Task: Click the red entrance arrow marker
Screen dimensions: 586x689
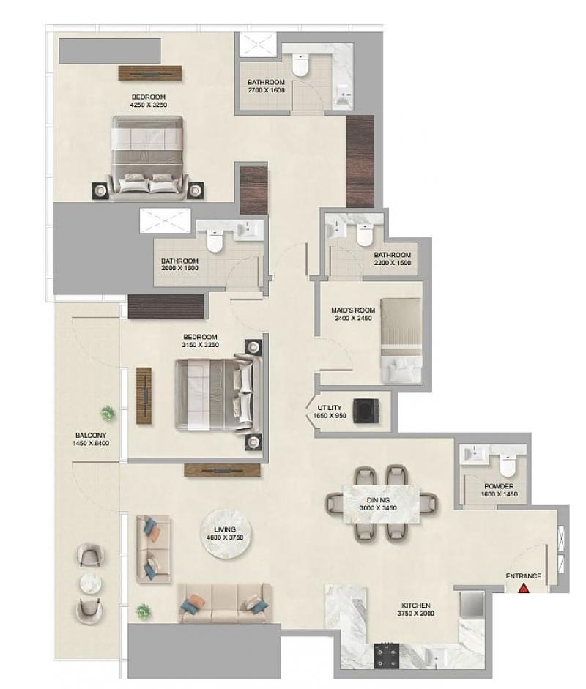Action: (x=523, y=588)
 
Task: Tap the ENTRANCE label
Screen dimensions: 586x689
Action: (x=523, y=576)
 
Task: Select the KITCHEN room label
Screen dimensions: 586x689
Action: (x=415, y=606)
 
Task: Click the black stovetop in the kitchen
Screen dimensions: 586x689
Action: (x=387, y=656)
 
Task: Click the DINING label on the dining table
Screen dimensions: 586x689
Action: (x=378, y=500)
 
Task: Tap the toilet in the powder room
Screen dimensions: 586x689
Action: (x=508, y=466)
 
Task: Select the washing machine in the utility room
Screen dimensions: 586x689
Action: (x=365, y=411)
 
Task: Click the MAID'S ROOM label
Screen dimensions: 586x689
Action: (x=353, y=310)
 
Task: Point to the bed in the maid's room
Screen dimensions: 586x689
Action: (x=401, y=340)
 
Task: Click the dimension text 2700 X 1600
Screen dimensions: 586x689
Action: (x=266, y=90)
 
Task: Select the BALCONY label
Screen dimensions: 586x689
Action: (x=91, y=436)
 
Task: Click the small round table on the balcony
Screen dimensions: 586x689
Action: (x=91, y=584)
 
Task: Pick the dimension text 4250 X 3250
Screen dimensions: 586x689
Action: (x=149, y=105)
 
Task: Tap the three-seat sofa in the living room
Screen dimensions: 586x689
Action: (x=224, y=603)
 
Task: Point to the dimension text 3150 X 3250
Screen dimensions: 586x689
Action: (x=201, y=345)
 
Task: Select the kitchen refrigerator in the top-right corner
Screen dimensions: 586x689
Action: (x=472, y=604)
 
